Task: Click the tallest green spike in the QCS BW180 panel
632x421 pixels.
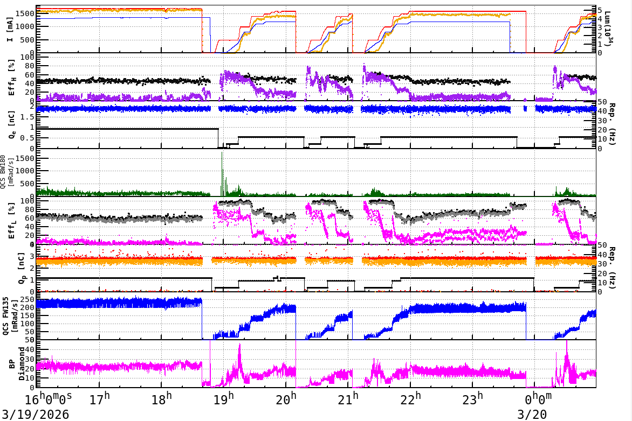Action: pyautogui.click(x=222, y=154)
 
